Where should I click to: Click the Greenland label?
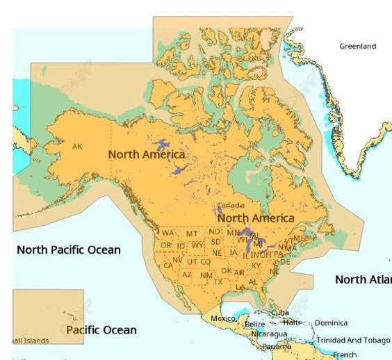(x=357, y=47)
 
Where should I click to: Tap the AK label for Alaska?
(x=77, y=147)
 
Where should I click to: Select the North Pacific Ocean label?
(x=69, y=249)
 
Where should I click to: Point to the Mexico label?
(x=223, y=318)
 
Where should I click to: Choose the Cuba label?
(x=280, y=313)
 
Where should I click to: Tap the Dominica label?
(x=332, y=323)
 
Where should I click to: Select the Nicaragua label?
(x=268, y=334)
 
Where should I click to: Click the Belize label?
(x=254, y=325)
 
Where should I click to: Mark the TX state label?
(x=218, y=281)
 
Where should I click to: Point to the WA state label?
(x=168, y=234)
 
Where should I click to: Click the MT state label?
(x=192, y=234)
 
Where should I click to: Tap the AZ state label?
(x=187, y=275)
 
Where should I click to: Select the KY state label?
(x=256, y=265)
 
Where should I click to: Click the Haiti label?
(x=292, y=322)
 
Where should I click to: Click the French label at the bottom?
(x=345, y=354)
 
